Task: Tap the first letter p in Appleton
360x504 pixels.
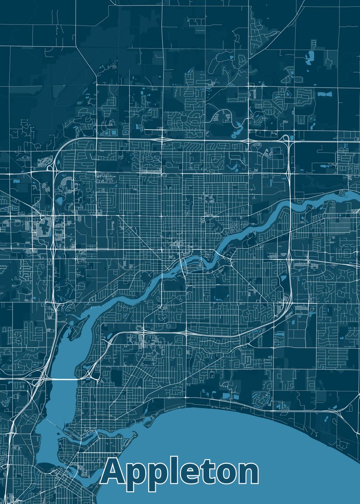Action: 136,475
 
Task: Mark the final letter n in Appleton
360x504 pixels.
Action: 248,472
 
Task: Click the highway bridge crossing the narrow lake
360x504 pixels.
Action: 63,379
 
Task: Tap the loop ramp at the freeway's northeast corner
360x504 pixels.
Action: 286,137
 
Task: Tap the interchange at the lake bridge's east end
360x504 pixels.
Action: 89,372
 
